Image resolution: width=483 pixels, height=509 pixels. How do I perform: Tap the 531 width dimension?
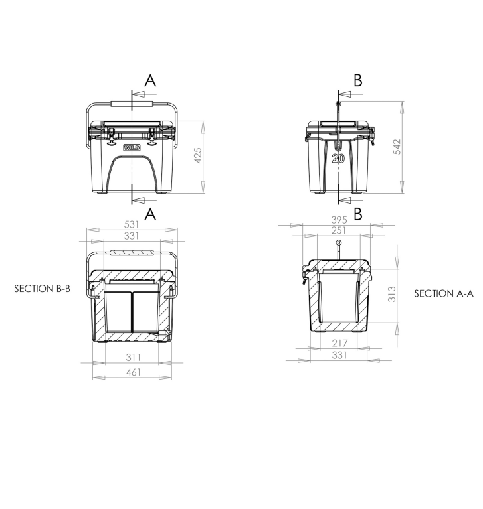click(132, 224)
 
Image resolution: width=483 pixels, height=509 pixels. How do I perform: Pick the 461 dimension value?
click(133, 372)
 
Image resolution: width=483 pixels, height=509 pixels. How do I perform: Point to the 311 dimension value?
click(133, 358)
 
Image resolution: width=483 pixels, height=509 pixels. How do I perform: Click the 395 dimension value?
click(338, 220)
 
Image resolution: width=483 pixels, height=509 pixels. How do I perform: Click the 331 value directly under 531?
click(132, 236)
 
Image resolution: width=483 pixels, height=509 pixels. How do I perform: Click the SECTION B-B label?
click(41, 289)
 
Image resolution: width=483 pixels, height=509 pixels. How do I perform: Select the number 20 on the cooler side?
click(338, 159)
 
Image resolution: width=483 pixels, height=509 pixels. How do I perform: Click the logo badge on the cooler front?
click(132, 147)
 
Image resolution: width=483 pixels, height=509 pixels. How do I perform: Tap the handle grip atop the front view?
click(132, 104)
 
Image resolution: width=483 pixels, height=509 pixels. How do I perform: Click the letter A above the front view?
click(151, 80)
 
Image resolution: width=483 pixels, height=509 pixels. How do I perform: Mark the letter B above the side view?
click(358, 80)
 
